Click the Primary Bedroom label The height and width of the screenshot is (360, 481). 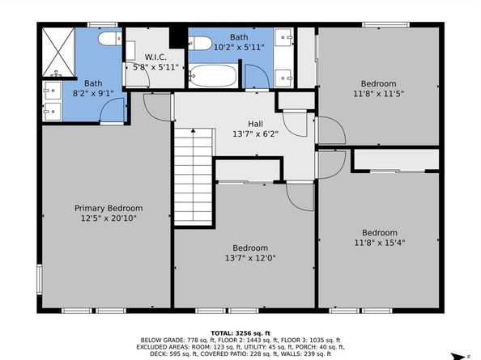point(109,209)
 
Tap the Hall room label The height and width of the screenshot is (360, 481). point(255,124)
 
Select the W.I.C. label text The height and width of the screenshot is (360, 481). point(155,57)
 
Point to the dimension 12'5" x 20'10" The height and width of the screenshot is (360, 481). point(109,218)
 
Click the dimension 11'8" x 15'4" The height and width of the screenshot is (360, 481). point(380,243)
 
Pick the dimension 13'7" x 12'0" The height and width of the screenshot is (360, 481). point(250,258)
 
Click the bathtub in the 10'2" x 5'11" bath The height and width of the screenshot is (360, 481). point(213,75)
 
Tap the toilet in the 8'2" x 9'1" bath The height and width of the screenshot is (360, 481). point(110,39)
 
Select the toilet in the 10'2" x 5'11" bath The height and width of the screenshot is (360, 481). point(199,43)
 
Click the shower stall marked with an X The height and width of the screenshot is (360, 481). point(58,52)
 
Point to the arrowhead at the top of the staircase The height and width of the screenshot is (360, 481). point(193,130)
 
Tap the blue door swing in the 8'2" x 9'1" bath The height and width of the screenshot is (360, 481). point(113,110)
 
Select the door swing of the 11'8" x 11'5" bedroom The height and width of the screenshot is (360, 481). point(331,130)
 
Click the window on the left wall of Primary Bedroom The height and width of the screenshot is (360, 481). point(40,279)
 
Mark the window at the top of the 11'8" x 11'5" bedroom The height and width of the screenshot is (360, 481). point(385,25)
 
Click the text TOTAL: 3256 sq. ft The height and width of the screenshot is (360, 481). point(240,333)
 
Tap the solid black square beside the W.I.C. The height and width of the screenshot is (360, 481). point(177,38)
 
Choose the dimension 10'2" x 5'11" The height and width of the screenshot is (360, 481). point(239,48)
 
